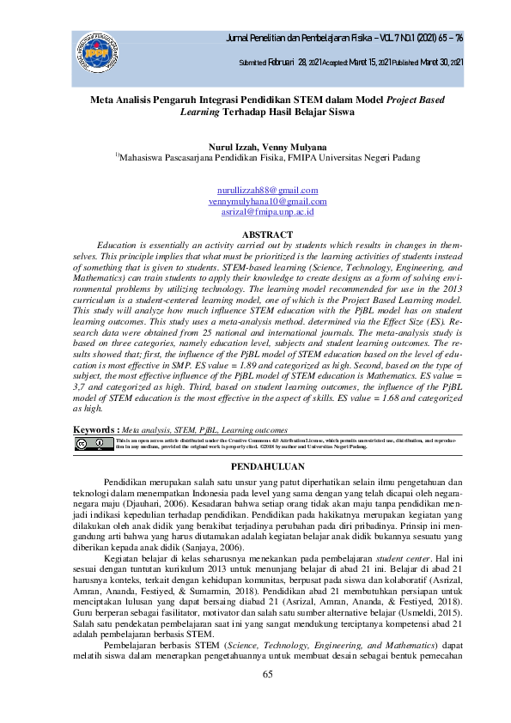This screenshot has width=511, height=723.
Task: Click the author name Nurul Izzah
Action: pos(234,147)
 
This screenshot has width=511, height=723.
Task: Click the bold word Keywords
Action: pos(94,428)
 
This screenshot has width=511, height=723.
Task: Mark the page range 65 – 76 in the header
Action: pos(450,39)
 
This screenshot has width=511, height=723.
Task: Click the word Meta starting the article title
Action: pos(106,100)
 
